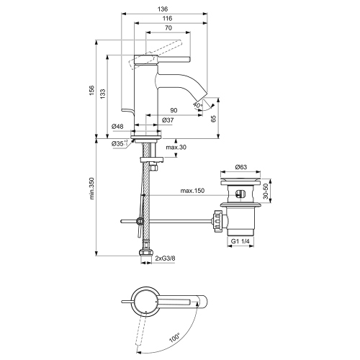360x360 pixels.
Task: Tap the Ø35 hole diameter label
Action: pyautogui.click(x=120, y=144)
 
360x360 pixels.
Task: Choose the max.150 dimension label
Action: pyautogui.click(x=192, y=190)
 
